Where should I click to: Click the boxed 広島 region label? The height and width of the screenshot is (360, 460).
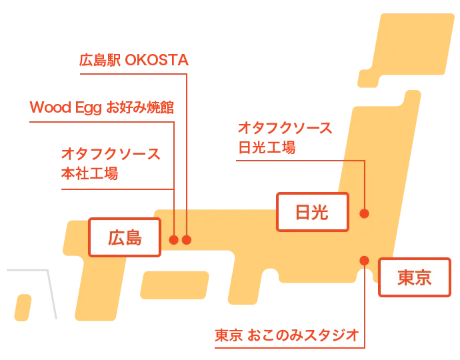click(x=125, y=237)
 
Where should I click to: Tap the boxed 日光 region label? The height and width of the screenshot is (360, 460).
click(x=313, y=212)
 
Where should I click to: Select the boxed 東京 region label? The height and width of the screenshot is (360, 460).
click(x=415, y=277)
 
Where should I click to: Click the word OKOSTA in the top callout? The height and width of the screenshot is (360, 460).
click(x=157, y=60)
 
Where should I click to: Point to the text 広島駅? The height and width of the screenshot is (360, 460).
click(x=100, y=60)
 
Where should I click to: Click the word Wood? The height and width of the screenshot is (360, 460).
click(x=51, y=107)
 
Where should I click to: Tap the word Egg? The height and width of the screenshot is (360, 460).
click(x=88, y=108)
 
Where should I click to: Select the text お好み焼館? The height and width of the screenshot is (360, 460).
click(x=140, y=107)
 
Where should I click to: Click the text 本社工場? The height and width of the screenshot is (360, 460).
click(x=89, y=173)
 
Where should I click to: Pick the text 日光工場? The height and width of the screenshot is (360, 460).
click(x=267, y=147)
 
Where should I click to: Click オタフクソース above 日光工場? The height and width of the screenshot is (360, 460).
click(x=285, y=128)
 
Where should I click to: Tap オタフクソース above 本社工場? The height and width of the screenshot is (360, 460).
click(x=111, y=154)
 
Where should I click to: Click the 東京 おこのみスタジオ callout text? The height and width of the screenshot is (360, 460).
click(x=287, y=335)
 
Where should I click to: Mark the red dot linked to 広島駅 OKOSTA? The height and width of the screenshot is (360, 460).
click(x=187, y=240)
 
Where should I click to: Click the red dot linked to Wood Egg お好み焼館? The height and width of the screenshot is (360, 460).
click(x=174, y=240)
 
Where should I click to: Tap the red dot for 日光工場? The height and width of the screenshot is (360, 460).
click(x=365, y=213)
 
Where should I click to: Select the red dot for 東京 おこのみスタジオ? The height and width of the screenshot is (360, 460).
click(x=365, y=261)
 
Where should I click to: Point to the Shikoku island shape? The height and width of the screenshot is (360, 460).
click(x=175, y=285)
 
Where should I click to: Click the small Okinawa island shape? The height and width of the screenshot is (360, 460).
click(x=23, y=307)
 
